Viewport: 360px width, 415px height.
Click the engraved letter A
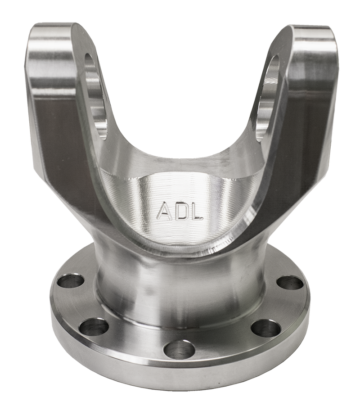pyautogui.click(x=164, y=211)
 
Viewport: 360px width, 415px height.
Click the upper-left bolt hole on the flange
pyautogui.click(x=71, y=281)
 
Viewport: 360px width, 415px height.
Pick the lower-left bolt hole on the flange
pyautogui.click(x=94, y=327)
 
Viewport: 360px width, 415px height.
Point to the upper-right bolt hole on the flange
pyautogui.click(x=290, y=283)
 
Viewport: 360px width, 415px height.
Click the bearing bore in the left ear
pyautogui.click(x=96, y=93)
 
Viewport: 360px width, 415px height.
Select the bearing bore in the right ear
pyautogui.click(x=268, y=98)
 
